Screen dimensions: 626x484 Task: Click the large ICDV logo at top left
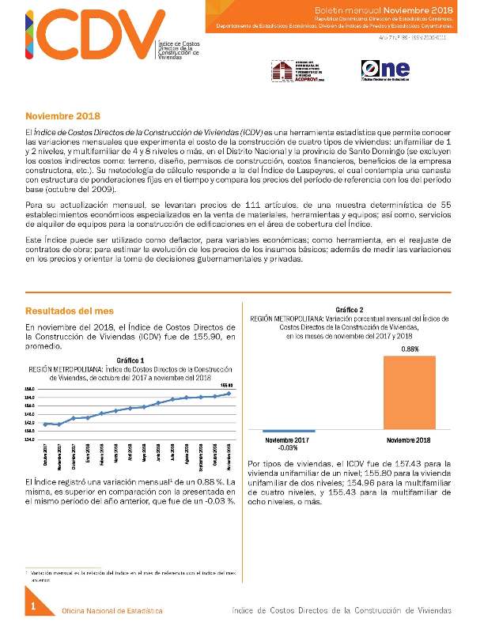coord(79,36)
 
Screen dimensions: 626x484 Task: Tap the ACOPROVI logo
coord(300,70)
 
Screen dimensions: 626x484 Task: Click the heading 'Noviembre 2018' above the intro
coord(62,115)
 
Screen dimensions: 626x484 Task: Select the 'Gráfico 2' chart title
coord(350,309)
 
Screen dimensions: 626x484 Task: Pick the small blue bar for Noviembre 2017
coord(288,432)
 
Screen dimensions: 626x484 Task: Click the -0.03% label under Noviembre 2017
coord(288,447)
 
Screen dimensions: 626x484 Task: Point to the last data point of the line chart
coord(229,393)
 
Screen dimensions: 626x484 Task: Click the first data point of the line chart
coord(46,424)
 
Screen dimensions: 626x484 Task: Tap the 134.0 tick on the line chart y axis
coord(31,439)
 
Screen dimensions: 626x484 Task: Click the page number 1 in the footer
coord(34,606)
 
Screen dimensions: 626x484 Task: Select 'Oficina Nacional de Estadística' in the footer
coord(112,611)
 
